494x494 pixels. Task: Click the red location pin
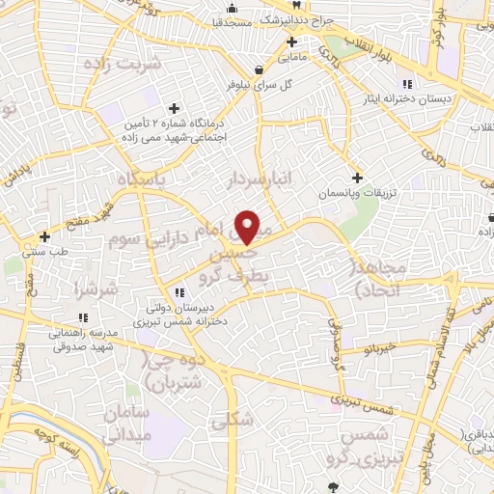click(x=248, y=227)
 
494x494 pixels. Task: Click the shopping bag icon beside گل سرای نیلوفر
click(x=259, y=69)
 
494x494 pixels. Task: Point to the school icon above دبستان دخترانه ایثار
click(x=407, y=82)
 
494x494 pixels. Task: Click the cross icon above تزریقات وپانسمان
click(x=357, y=178)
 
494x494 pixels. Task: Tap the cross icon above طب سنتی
click(x=44, y=236)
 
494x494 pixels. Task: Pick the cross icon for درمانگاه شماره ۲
click(x=174, y=108)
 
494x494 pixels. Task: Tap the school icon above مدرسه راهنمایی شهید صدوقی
click(x=83, y=316)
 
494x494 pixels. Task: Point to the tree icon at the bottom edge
click(x=333, y=487)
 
